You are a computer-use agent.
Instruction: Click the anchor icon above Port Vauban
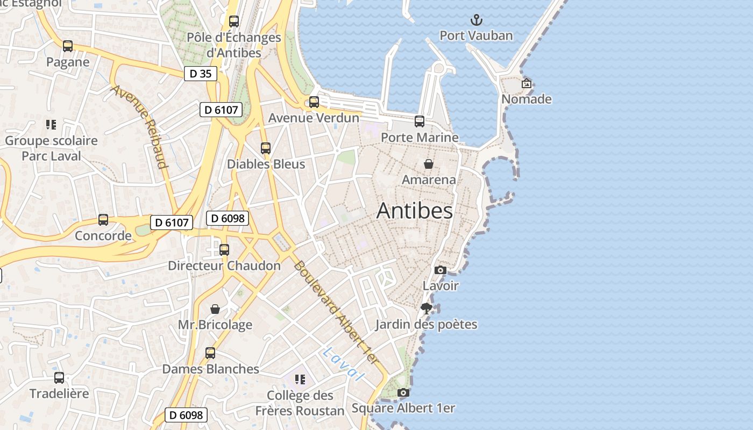pos(477,20)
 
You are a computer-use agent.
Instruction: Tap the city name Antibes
pos(414,211)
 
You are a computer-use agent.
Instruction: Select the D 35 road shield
pos(201,74)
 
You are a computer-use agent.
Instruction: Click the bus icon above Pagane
pos(68,46)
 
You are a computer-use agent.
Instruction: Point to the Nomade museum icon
pos(527,83)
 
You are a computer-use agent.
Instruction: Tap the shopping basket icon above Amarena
pos(429,164)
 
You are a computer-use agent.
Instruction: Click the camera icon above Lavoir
pos(441,270)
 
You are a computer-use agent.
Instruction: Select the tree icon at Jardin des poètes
pos(427,309)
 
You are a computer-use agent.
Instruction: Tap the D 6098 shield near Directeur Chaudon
pos(228,218)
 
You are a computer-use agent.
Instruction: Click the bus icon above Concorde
pos(103,220)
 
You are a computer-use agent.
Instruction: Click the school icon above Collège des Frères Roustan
pos(300,379)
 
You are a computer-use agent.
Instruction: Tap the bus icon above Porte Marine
pos(420,121)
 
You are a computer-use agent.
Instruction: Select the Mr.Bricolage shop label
pos(215,325)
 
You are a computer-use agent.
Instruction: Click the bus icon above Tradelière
pos(59,378)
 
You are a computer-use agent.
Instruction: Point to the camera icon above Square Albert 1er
pos(403,393)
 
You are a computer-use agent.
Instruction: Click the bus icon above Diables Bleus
pos(266,148)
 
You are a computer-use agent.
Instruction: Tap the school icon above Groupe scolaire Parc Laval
pos(51,125)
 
